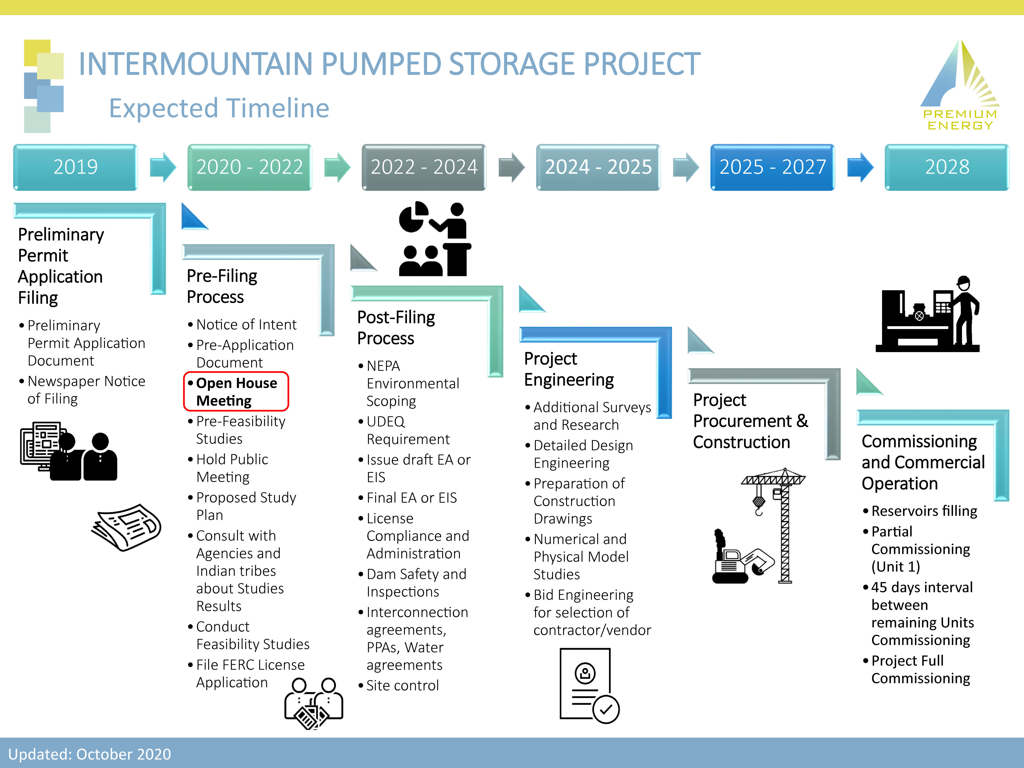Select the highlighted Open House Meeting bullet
[236, 392]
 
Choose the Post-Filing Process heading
[396, 328]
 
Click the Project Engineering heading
[568, 369]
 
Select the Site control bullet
[402, 685]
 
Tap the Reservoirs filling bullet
[924, 511]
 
